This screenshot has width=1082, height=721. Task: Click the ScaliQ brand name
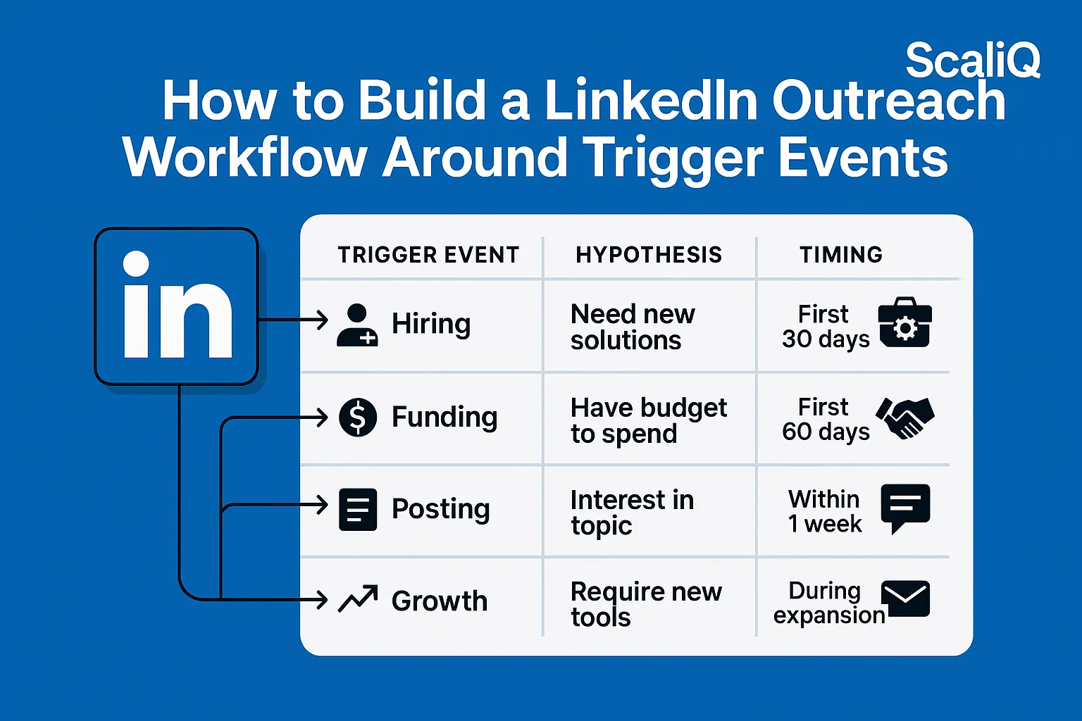point(972,61)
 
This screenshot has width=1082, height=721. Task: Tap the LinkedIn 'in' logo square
point(176,306)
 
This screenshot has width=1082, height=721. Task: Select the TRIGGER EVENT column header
point(428,254)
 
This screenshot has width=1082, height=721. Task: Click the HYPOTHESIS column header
point(649,254)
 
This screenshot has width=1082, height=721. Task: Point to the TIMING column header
point(840,254)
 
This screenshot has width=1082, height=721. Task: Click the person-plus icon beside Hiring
point(357,325)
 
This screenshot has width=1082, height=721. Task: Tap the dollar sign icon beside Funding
point(358,417)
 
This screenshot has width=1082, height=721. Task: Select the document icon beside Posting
point(358,509)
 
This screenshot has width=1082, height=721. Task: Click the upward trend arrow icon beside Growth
point(358,599)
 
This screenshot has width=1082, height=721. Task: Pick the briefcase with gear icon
point(905,322)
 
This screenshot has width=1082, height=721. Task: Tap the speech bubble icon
point(904,507)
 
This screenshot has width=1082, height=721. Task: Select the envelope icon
point(905,598)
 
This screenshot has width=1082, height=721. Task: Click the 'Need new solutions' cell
point(632,327)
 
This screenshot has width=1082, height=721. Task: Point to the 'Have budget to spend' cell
point(648,420)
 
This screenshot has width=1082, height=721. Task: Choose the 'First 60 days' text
point(825,419)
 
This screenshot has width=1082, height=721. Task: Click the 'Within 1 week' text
point(825,511)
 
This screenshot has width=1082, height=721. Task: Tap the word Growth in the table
point(440,601)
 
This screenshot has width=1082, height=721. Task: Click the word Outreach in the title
point(888,101)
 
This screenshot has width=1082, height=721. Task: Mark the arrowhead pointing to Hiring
point(322,320)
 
